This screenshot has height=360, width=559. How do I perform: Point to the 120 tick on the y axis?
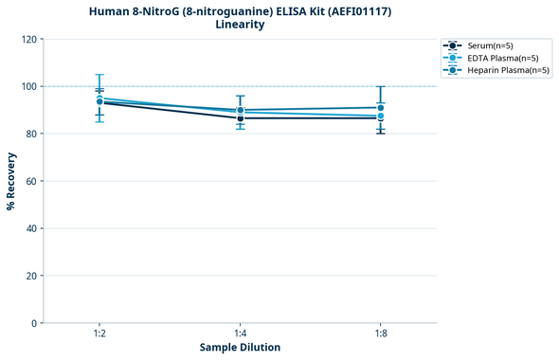[x=29, y=39]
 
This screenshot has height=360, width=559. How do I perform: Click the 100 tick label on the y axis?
[x=29, y=86]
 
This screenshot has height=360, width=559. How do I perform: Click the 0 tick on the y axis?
[x=35, y=323]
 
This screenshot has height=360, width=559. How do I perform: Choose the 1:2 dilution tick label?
[x=99, y=333]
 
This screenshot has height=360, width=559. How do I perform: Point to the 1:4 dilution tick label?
[x=240, y=333]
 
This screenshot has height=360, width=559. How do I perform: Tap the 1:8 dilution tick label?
[x=381, y=333]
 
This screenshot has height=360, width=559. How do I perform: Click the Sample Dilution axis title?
[x=240, y=348]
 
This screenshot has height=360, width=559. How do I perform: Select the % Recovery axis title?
[x=11, y=180]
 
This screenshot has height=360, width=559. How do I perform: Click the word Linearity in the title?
[x=240, y=25]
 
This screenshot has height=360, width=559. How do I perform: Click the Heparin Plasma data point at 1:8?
[x=381, y=108]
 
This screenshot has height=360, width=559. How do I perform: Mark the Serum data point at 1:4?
[x=240, y=118]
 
